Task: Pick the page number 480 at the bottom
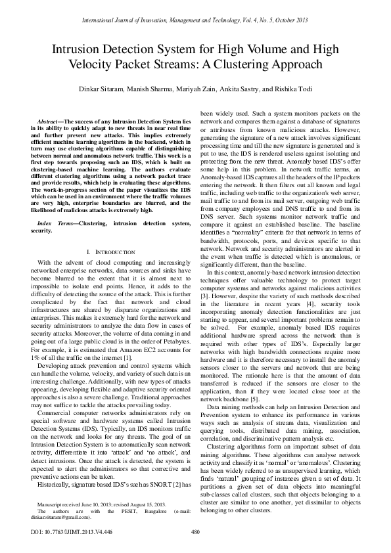pyautogui.click(x=195, y=532)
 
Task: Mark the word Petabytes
pyautogui.click(x=172, y=342)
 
